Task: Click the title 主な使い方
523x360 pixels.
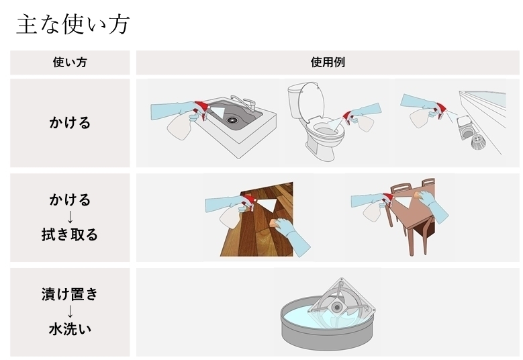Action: (73, 24)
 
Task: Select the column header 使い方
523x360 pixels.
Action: (70, 62)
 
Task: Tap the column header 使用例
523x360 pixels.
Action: (328, 62)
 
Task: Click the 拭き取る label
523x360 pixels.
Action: (70, 234)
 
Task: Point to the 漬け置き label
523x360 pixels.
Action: (70, 294)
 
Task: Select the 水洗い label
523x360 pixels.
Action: (70, 329)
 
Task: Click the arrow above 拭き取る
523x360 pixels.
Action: (70, 217)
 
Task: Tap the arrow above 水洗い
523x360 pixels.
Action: (70, 312)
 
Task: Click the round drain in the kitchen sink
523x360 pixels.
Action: (232, 120)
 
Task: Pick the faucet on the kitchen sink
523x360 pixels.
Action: (244, 102)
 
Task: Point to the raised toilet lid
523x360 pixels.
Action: (311, 99)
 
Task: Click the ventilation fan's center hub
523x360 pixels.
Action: (336, 307)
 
